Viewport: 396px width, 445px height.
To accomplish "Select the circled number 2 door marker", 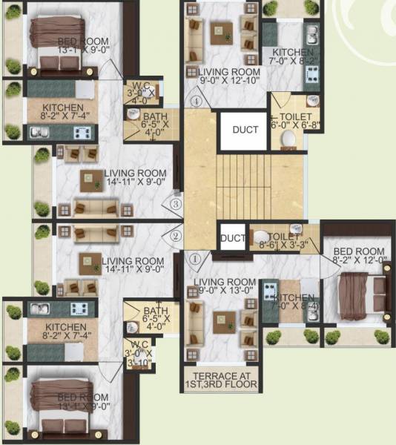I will [x=176, y=237].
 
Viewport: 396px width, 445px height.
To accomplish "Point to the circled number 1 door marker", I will [x=196, y=260].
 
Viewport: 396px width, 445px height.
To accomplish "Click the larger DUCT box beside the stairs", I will [x=245, y=130].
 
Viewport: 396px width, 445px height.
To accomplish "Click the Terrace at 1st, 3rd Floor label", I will [x=220, y=380].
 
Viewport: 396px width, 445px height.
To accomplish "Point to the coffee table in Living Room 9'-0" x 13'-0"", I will [x=222, y=323].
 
